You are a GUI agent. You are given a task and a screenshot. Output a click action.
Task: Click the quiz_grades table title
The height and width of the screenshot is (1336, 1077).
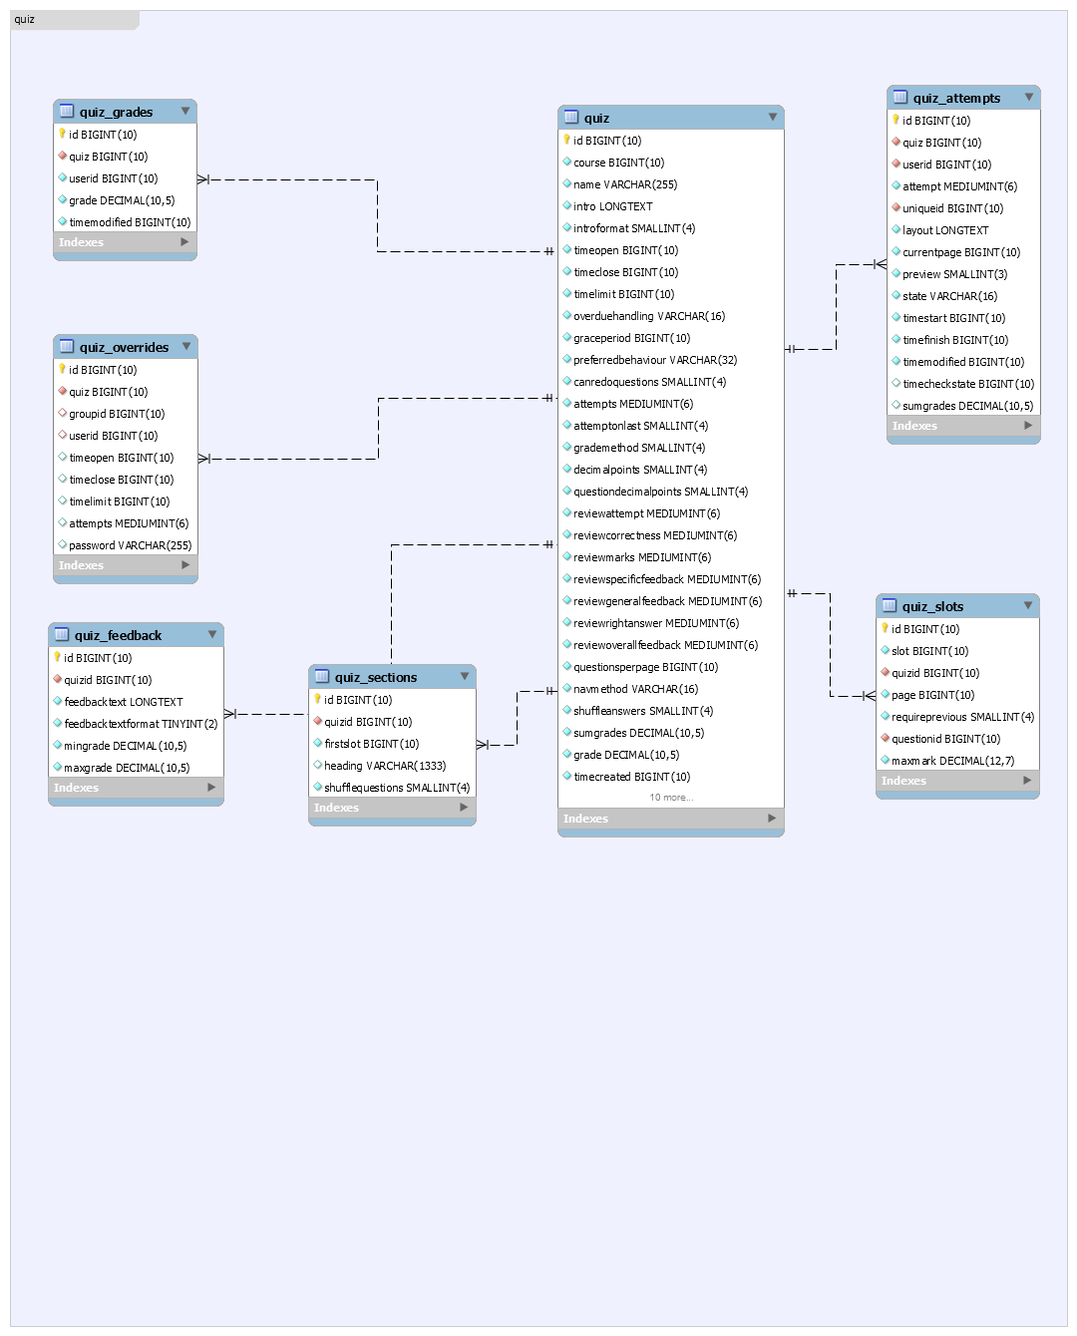point(116,112)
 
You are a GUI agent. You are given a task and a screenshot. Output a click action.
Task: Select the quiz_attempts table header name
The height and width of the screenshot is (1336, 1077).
point(956,98)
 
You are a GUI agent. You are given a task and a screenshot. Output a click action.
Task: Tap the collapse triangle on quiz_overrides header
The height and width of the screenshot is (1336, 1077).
point(186,346)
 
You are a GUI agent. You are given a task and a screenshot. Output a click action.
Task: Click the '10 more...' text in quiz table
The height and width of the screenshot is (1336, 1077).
point(671,798)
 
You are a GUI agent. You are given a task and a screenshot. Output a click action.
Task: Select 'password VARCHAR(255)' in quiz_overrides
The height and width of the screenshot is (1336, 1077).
point(130,545)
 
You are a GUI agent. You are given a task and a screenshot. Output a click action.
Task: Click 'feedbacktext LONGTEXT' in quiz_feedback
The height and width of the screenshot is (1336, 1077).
point(124,702)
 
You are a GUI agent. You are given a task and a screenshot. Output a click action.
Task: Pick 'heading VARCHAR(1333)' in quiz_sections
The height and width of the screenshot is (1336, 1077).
point(385,766)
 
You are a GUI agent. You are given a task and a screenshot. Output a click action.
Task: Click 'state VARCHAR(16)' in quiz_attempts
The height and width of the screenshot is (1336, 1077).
point(949,296)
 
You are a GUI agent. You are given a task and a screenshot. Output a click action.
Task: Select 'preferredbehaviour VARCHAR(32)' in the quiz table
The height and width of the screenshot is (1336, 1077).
point(655,360)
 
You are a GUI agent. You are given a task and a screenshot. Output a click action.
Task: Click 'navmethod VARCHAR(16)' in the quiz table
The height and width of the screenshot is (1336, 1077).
point(635,689)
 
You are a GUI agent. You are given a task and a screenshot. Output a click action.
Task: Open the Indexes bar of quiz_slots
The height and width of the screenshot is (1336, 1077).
point(957,781)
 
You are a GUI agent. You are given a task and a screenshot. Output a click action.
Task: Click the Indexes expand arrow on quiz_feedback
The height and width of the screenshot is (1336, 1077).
point(211,788)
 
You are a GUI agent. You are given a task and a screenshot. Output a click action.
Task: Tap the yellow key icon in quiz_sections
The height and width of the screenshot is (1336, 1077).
point(317,699)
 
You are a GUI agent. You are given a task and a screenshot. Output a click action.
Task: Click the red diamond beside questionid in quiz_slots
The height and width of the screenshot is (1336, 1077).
point(886,738)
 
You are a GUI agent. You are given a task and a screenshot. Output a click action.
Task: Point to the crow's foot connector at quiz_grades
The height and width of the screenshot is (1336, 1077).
point(203,179)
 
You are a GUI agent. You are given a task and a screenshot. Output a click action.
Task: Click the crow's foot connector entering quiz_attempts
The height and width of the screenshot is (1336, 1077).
point(880,264)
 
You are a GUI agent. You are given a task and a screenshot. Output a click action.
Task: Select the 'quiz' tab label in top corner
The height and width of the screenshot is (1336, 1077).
point(24,19)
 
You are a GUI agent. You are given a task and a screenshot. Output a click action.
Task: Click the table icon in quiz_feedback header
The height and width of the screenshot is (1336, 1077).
point(62,634)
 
